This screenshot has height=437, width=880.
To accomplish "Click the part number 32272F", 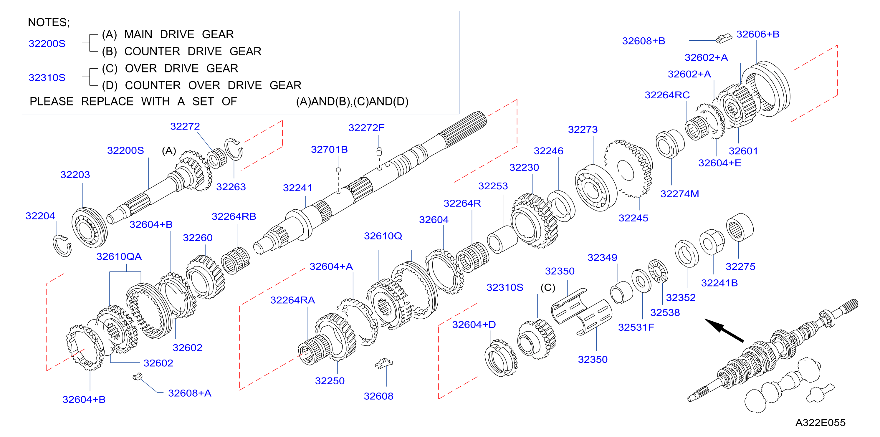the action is [x=366, y=128].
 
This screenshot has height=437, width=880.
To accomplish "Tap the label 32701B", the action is [x=329, y=149].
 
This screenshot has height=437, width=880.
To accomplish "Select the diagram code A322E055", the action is [x=820, y=423].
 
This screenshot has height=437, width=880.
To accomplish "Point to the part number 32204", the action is [x=40, y=216].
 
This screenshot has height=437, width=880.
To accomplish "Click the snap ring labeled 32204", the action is [x=62, y=246].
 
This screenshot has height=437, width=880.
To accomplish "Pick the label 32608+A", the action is [x=190, y=393].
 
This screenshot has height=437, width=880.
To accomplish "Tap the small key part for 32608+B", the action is [x=724, y=38].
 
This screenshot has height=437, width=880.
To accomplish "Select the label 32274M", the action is [x=679, y=194].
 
